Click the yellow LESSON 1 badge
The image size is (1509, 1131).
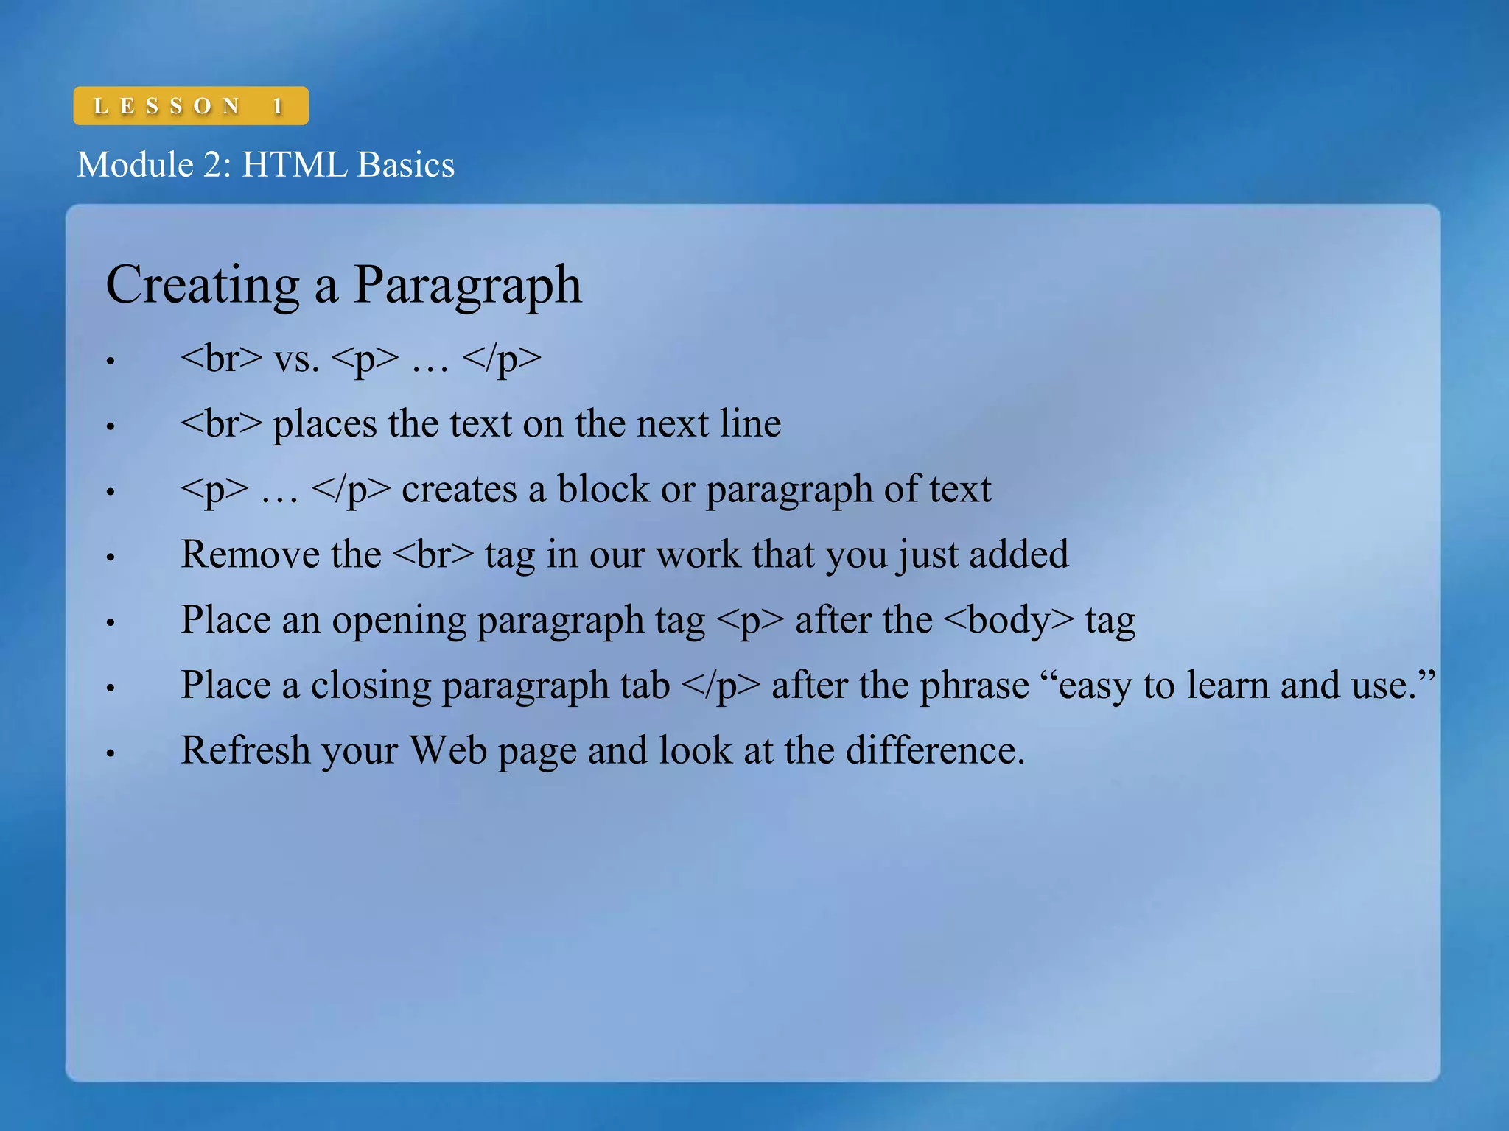pyautogui.click(x=190, y=106)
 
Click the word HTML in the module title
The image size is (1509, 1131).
pyautogui.click(x=294, y=164)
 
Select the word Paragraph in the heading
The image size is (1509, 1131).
pyautogui.click(x=467, y=286)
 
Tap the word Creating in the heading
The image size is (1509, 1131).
pyautogui.click(x=202, y=286)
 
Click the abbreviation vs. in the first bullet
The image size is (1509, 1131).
pyautogui.click(x=296, y=359)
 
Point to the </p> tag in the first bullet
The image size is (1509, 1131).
pyautogui.click(x=501, y=359)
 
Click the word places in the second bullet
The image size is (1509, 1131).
pyautogui.click(x=325, y=425)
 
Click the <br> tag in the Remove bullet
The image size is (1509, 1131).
pyautogui.click(x=433, y=555)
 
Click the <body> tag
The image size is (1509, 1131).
pyautogui.click(x=1009, y=620)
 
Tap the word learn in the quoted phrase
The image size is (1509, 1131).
pyautogui.click(x=1228, y=686)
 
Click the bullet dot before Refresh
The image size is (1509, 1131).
pyautogui.click(x=111, y=753)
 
